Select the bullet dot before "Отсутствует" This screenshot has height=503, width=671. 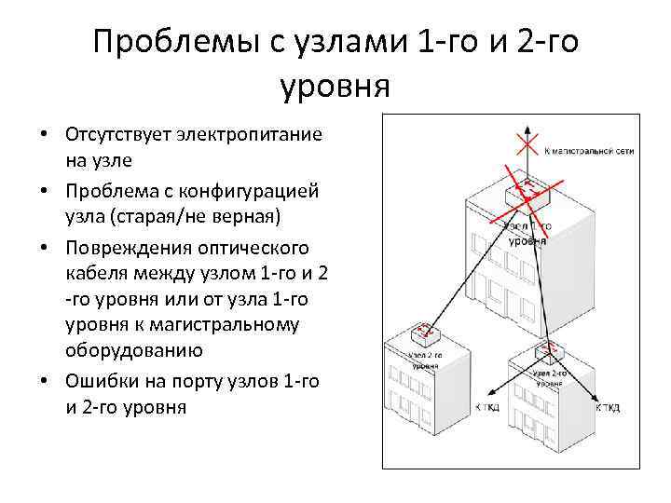click(x=44, y=134)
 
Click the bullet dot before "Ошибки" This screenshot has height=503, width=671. click(x=44, y=383)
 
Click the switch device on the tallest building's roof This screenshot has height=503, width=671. click(x=526, y=192)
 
